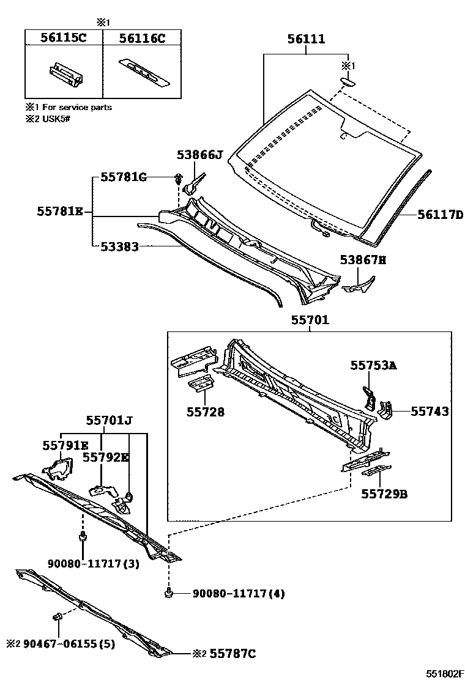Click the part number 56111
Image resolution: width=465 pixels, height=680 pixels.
pos(307,40)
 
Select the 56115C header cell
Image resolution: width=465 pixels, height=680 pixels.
pos(64,38)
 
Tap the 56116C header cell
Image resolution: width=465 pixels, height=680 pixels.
pos(142,38)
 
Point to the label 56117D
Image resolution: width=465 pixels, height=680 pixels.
pos(440,215)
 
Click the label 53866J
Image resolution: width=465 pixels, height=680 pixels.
pos(199,155)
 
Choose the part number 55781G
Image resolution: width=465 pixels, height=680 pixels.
pos(124,177)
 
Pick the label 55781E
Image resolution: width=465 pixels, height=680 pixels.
pos(59,212)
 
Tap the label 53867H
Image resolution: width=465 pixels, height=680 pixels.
pos(363,261)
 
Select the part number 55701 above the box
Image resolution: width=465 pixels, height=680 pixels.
pos(310,320)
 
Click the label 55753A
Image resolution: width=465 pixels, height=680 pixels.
pos(373,365)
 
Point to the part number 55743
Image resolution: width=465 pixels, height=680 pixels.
pos(430,412)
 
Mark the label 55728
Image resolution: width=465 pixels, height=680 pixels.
pos(205,412)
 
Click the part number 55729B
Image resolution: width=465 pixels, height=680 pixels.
pos(384,493)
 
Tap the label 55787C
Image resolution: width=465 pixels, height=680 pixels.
pos(232,654)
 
